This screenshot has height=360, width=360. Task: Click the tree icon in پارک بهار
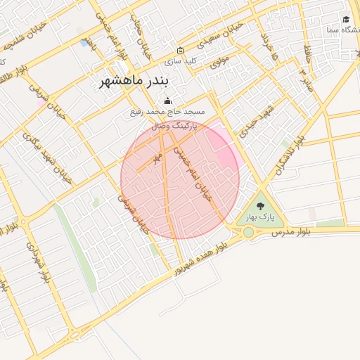(260, 206)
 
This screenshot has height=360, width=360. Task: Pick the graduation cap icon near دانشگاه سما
(346, 19)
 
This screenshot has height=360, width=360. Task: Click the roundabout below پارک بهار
(248, 232)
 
